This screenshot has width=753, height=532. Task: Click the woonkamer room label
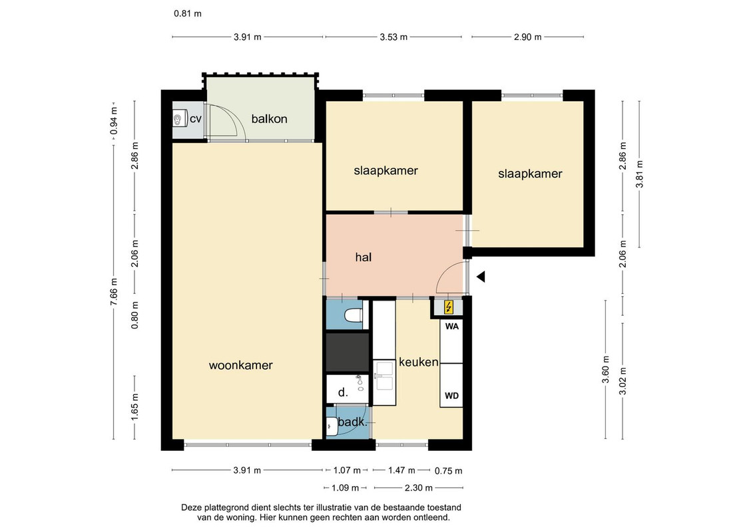coord(240,365)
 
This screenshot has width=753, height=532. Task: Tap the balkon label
coord(269,118)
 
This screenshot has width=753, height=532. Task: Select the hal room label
coord(363,257)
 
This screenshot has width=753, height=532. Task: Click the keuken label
coord(419,362)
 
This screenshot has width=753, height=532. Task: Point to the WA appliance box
coord(452,341)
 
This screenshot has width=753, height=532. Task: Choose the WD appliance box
coord(452,385)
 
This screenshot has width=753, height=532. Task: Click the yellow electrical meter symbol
coord(449,307)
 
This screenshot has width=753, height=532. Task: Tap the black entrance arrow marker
coord(481,277)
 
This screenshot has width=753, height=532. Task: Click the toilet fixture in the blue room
coord(354,316)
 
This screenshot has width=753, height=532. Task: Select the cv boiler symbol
coord(179,118)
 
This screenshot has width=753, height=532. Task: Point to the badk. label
coord(352,423)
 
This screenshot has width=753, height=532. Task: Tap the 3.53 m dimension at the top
coord(393,37)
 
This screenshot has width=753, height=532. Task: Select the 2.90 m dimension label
coord(527,37)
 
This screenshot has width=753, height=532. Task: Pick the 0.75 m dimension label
coord(449,471)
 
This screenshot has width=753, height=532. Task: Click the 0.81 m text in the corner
coord(188,13)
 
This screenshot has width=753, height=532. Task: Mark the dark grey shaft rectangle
coord(348,352)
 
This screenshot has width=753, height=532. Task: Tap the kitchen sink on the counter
coord(384,376)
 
